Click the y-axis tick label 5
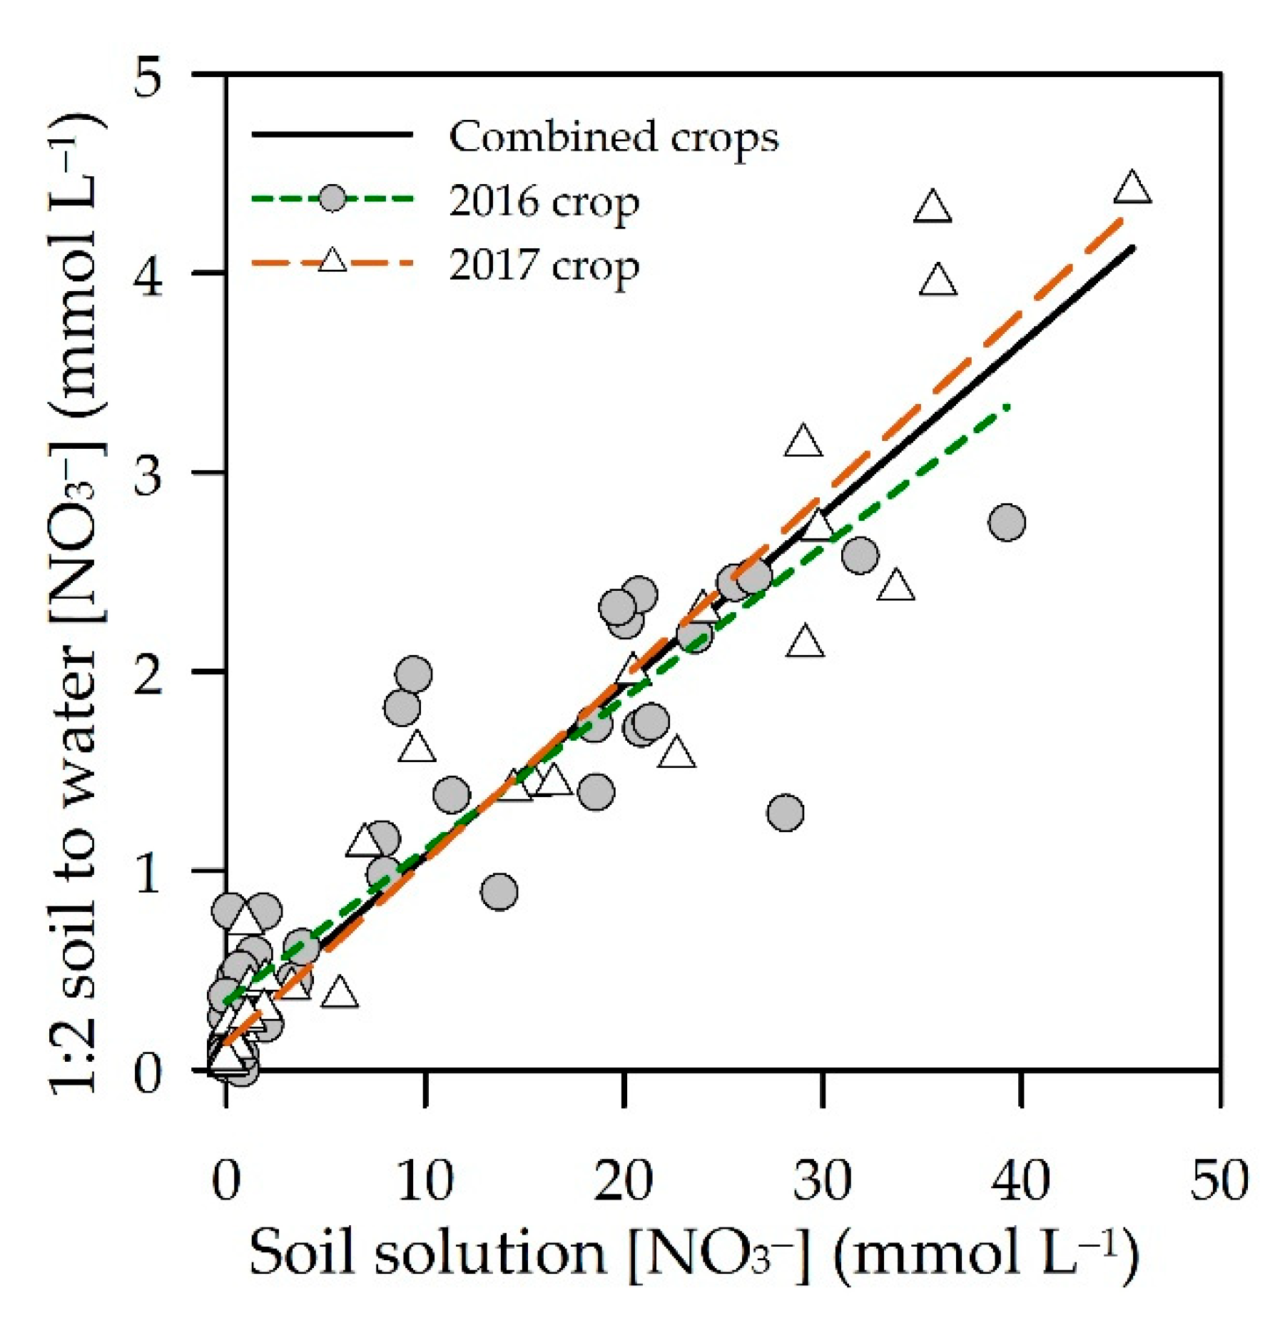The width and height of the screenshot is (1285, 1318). point(148,74)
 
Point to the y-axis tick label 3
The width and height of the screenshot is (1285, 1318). point(148,472)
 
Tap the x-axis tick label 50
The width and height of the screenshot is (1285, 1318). point(1219,1181)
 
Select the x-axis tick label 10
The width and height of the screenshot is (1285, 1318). point(425,1181)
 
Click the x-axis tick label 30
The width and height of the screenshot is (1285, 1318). point(822,1181)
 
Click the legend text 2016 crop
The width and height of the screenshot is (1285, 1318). point(544,201)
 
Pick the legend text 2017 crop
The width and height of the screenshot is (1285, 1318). point(544,265)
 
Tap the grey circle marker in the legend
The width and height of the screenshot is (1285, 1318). point(332,198)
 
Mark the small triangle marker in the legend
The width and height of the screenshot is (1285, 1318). point(332,261)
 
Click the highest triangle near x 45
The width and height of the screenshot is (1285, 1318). point(1132,189)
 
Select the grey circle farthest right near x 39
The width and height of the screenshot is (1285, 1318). point(1007,522)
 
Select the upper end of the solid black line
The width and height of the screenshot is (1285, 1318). point(1133,248)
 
